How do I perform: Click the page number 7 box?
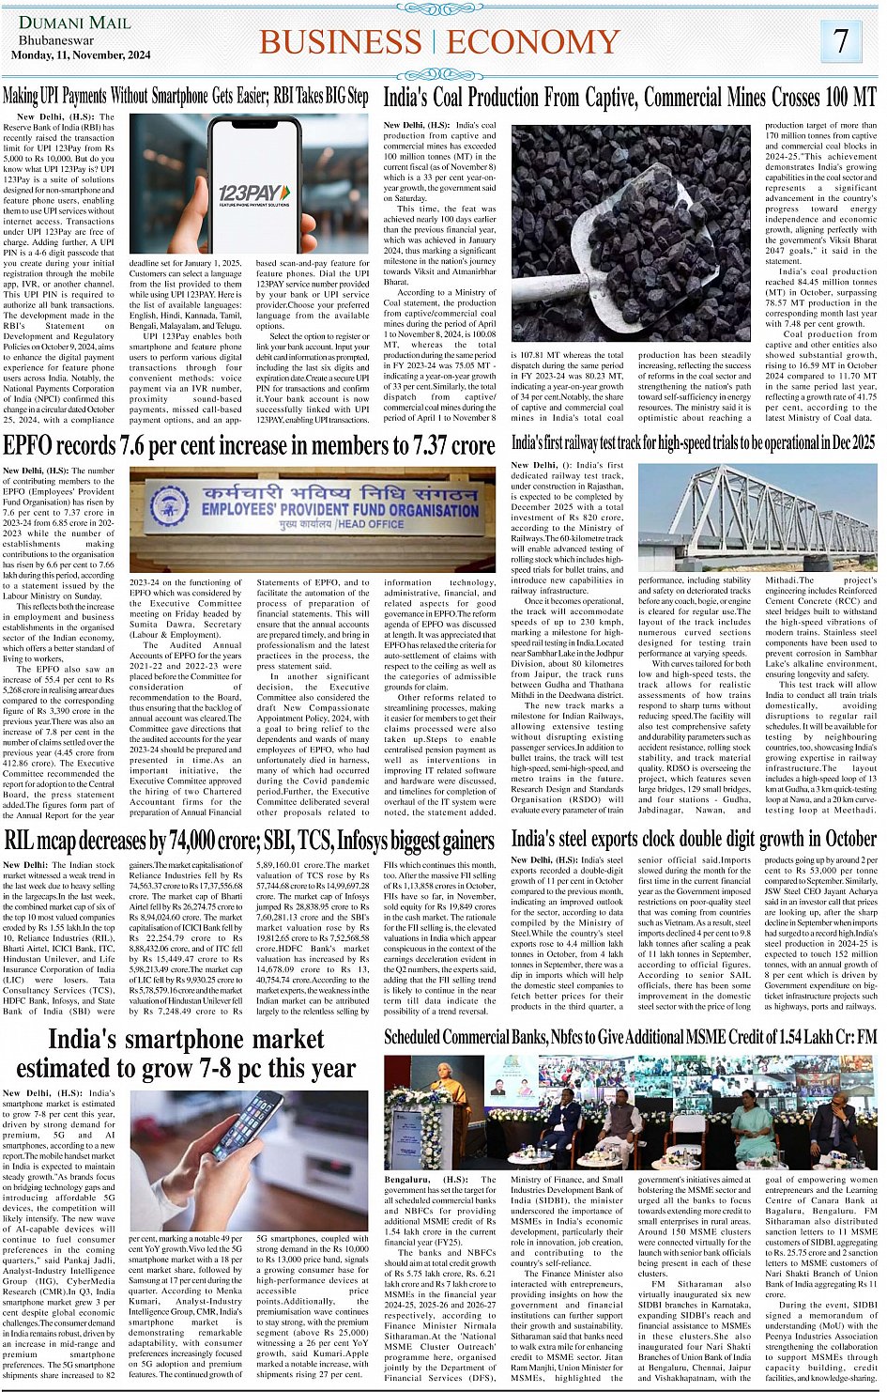[841, 40]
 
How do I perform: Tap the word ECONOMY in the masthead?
[533, 42]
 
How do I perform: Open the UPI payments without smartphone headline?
[186, 96]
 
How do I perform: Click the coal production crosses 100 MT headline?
[629, 96]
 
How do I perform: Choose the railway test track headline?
[693, 442]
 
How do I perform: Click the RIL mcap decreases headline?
[249, 839]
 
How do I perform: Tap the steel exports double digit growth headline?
[693, 839]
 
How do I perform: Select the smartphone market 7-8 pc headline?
[186, 1053]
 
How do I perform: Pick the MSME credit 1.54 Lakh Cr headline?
[629, 1037]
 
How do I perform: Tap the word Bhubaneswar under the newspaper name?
[55, 40]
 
